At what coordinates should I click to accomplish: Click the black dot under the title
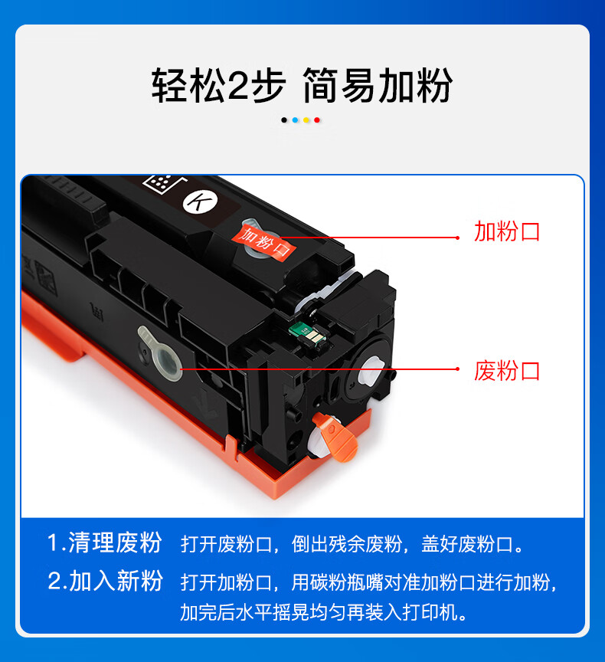(284, 120)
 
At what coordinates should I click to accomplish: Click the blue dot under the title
(295, 120)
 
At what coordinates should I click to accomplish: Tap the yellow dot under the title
(306, 120)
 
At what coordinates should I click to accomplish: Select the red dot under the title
(317, 120)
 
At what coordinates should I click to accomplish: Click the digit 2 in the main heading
(237, 86)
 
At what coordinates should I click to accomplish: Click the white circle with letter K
(200, 202)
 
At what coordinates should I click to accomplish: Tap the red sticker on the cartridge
(263, 242)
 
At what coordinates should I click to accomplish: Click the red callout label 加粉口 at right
(507, 231)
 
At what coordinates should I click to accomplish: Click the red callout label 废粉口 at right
(507, 371)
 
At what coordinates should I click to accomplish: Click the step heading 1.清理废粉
(105, 542)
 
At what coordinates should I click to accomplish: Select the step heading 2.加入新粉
(105, 581)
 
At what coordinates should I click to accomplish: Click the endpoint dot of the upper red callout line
(458, 238)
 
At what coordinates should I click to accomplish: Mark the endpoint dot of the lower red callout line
(458, 369)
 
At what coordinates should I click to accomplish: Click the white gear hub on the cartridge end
(371, 372)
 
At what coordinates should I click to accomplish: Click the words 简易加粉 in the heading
(378, 86)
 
